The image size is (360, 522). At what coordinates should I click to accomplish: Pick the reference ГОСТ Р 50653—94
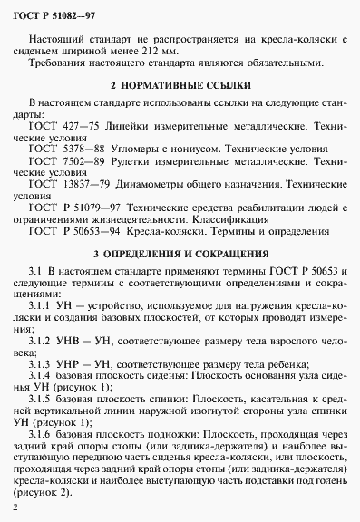[x=76, y=231]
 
